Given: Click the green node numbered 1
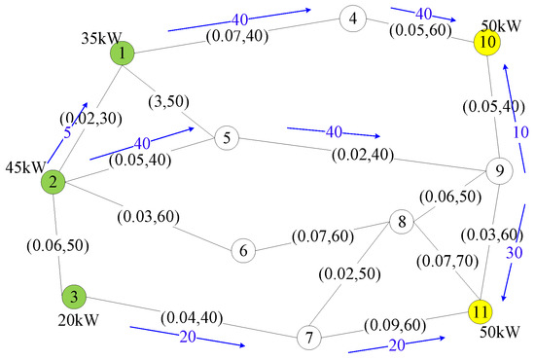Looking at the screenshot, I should (122, 54).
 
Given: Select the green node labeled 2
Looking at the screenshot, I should (53, 181).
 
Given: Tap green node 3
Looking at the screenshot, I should (72, 296).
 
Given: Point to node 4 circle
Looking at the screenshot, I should (353, 18).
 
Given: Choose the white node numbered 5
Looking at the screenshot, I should (226, 138).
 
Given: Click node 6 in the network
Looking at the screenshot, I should (244, 250).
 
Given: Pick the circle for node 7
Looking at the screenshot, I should (309, 339).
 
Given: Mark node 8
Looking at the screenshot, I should (399, 222).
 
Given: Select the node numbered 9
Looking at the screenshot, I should (498, 171).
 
